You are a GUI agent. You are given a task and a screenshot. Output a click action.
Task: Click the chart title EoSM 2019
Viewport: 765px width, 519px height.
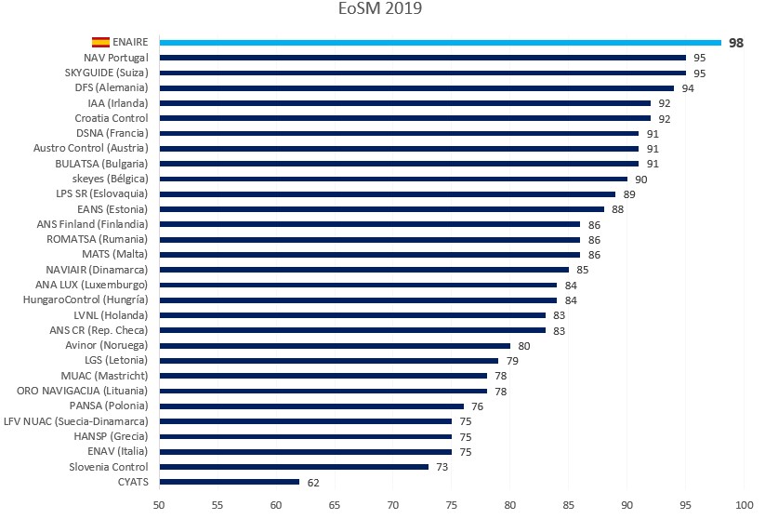coord(382,10)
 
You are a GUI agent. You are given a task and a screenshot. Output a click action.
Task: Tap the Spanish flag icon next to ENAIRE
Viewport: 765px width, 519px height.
coord(99,42)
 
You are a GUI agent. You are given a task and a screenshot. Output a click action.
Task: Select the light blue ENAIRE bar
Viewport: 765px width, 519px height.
coord(440,42)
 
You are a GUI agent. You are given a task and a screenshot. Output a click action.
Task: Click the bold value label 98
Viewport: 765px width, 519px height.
coord(736,43)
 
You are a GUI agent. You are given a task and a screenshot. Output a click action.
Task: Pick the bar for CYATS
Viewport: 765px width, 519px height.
coord(230,482)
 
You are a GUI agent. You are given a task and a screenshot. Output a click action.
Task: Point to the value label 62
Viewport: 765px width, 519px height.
coord(313,482)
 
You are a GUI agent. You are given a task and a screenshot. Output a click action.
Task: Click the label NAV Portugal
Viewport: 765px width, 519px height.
coord(115,58)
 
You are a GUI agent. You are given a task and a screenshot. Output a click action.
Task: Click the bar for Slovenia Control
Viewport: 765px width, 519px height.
coord(294,466)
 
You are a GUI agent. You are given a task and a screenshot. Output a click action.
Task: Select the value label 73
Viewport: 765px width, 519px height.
coord(442,466)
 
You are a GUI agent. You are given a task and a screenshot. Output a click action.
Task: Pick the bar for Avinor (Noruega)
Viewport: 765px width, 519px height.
coord(335,345)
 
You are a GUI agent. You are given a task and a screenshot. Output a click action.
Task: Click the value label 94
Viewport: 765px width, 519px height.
coord(688,88)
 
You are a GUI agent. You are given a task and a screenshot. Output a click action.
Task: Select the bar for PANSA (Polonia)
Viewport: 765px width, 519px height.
coord(311,406)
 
